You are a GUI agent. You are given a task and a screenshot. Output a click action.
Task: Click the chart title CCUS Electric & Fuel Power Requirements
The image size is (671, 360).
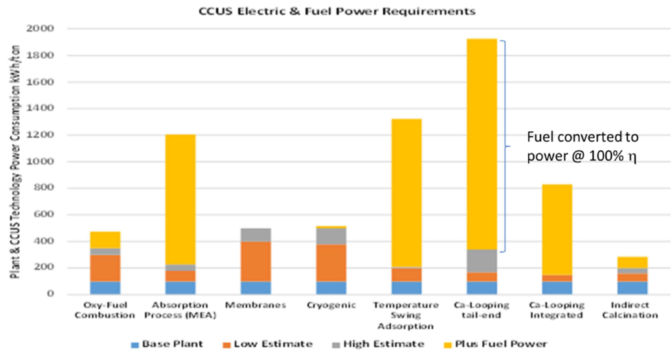tap(337, 11)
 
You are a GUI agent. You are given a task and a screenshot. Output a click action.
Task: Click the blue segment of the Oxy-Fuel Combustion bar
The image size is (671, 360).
tap(105, 287)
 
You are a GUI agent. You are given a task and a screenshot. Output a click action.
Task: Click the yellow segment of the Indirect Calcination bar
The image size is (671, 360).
tap(632, 262)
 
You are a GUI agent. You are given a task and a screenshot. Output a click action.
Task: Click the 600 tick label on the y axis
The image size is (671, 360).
tap(41, 214)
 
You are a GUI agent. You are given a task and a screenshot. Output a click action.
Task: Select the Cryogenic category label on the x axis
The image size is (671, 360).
tap(331, 306)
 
